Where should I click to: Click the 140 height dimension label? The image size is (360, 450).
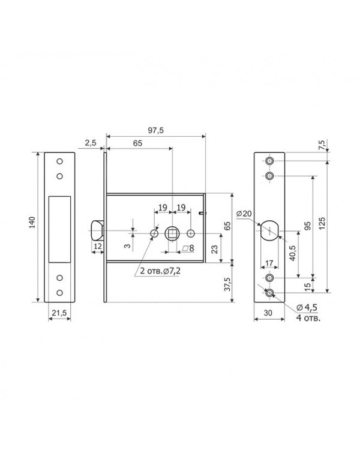tap(32, 223)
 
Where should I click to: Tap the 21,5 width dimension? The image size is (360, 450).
tap(59, 313)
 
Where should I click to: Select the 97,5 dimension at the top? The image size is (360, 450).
tap(155, 130)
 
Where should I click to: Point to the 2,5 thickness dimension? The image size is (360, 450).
tap(91, 143)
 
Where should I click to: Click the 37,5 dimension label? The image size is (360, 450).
tap(227, 284)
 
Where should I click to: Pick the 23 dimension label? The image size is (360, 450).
tap(214, 249)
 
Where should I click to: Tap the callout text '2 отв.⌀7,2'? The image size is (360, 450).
tap(160, 271)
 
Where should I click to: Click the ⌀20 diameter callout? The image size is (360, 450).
tap(244, 214)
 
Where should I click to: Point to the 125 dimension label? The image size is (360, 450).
tap(322, 223)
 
